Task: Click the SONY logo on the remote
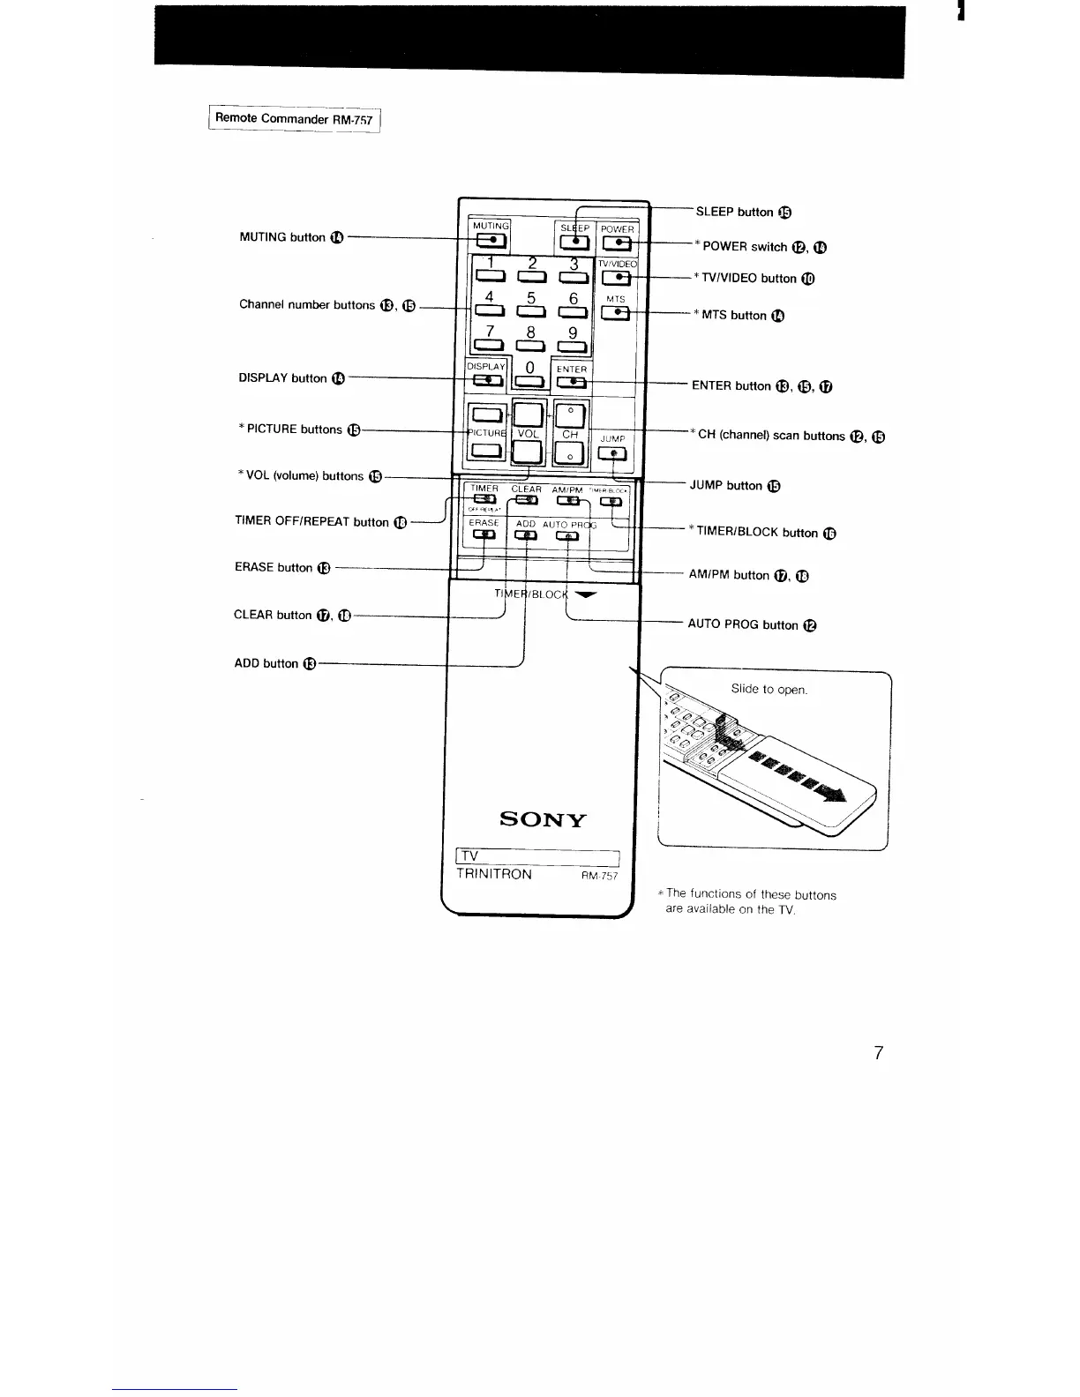[x=543, y=819]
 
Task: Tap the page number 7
[x=878, y=1052]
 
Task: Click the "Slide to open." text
[x=769, y=689]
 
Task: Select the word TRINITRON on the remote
[x=494, y=874]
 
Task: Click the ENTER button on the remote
[x=572, y=381]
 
